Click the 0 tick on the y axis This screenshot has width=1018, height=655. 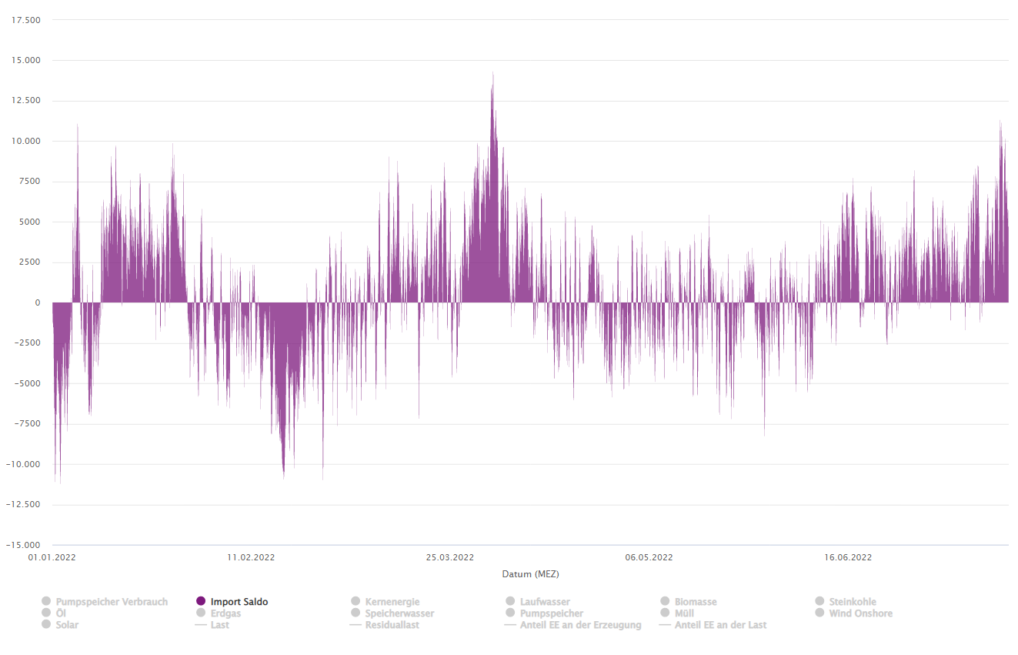pyautogui.click(x=37, y=302)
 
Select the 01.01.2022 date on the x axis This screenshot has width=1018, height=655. pyautogui.click(x=52, y=557)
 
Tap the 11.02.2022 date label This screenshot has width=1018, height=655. pyautogui.click(x=251, y=557)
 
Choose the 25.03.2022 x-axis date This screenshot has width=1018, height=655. pyautogui.click(x=450, y=557)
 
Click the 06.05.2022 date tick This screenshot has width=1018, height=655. pyautogui.click(x=649, y=557)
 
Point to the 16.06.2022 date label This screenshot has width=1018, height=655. pyautogui.click(x=848, y=557)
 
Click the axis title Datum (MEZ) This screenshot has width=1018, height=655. pyautogui.click(x=530, y=574)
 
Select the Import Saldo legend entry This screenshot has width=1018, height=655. pyautogui.click(x=239, y=602)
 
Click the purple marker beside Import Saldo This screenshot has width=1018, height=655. pyautogui.click(x=201, y=601)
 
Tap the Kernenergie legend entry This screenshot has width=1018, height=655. pyautogui.click(x=392, y=602)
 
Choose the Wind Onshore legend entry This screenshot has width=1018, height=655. pyautogui.click(x=860, y=613)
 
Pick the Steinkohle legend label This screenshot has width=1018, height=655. pyautogui.click(x=853, y=602)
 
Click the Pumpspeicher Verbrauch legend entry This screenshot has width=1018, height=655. pyautogui.click(x=112, y=602)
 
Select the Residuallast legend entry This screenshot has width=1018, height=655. pyautogui.click(x=392, y=625)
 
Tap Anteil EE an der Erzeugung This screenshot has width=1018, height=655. pyautogui.click(x=580, y=625)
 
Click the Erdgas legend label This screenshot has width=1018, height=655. pyautogui.click(x=225, y=613)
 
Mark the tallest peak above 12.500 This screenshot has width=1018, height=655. pyautogui.click(x=492, y=73)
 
